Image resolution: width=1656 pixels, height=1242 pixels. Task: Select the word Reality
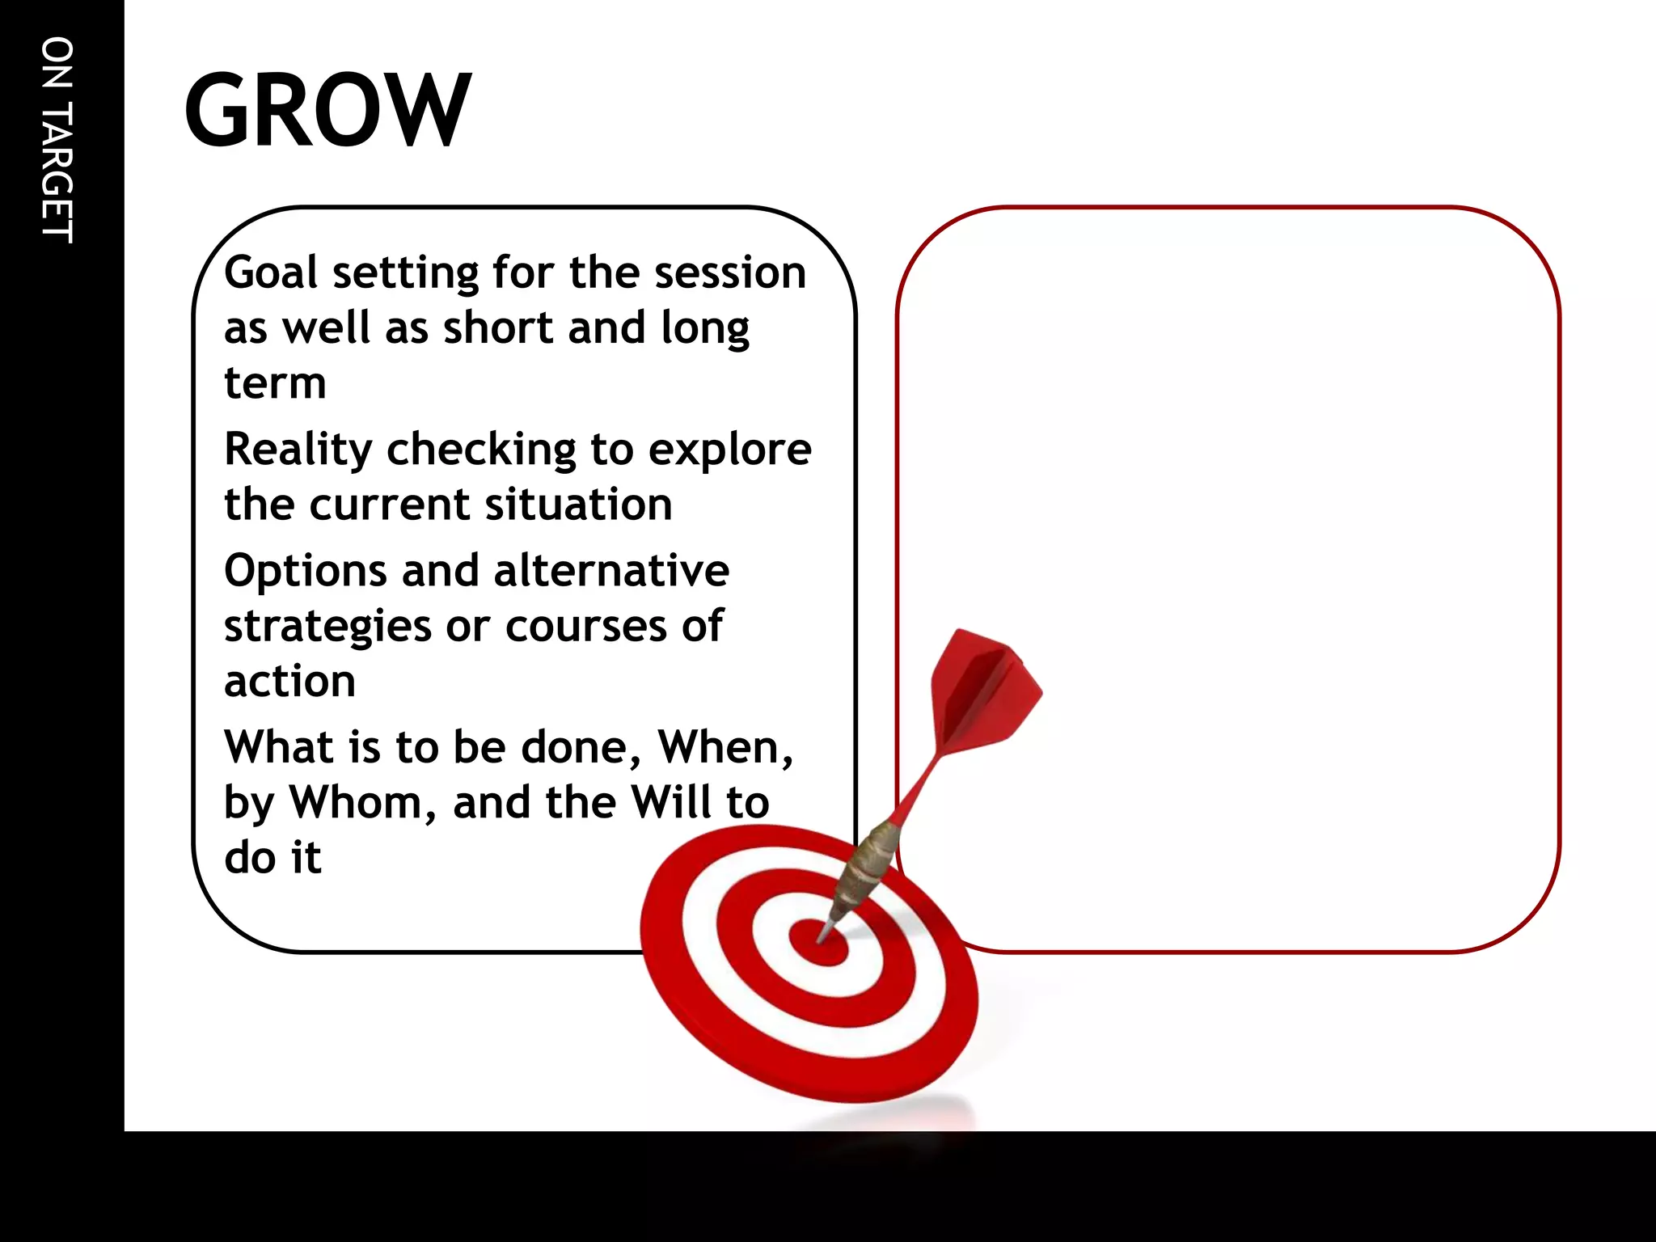298,450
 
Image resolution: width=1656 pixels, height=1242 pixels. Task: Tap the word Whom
363,802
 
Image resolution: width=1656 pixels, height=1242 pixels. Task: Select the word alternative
611,570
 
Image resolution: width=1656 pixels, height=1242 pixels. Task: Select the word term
275,383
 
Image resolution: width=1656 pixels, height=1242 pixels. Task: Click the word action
289,682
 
